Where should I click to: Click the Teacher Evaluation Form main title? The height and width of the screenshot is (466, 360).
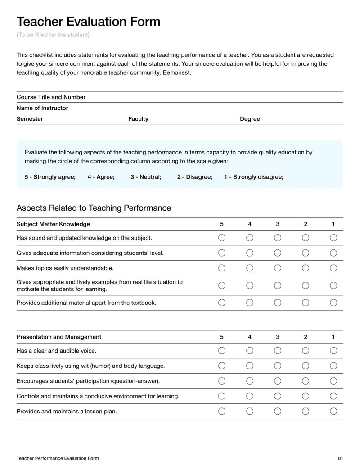(88, 22)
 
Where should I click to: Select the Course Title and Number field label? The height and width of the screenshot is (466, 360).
(51, 97)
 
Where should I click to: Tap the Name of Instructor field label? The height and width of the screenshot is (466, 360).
(42, 108)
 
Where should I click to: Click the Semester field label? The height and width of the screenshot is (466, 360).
(30, 119)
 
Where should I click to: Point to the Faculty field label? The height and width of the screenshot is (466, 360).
(138, 119)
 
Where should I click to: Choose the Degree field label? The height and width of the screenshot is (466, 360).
(250, 119)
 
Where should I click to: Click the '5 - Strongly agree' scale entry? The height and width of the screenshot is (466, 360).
(50, 177)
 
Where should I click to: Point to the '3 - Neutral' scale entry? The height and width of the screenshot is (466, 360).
(146, 177)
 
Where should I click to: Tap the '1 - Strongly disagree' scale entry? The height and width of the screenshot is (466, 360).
(253, 177)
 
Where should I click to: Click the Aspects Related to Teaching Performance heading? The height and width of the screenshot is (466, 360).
(94, 208)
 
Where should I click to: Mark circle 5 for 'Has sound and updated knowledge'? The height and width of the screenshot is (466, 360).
(222, 238)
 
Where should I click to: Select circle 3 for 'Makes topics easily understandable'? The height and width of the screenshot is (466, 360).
(278, 268)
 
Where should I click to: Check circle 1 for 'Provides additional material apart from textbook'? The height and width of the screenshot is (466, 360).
(333, 303)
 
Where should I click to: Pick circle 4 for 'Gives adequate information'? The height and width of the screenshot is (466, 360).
(250, 253)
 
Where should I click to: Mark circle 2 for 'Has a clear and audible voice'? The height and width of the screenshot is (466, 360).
(306, 351)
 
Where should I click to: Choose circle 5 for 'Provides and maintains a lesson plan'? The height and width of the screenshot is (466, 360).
(222, 411)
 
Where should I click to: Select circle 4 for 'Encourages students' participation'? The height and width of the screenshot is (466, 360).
(250, 381)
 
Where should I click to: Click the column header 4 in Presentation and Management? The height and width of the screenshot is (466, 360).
(250, 337)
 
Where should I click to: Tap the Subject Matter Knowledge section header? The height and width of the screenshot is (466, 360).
(53, 224)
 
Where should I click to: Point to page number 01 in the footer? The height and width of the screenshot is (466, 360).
(340, 458)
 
